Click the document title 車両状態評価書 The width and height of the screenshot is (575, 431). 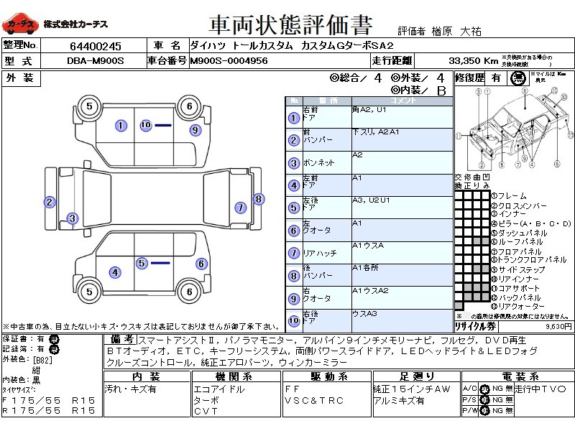(x=290, y=26)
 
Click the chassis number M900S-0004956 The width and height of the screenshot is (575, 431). (x=229, y=61)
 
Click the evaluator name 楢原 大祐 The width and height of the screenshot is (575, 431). (x=456, y=31)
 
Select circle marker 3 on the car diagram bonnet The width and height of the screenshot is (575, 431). (x=73, y=218)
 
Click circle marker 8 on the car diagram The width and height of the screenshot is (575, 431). (x=259, y=199)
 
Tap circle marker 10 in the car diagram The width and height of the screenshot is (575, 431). (x=145, y=125)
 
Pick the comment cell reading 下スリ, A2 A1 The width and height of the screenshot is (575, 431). (x=376, y=133)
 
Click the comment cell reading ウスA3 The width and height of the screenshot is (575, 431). (x=365, y=314)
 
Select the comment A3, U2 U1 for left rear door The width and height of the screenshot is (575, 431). (x=372, y=200)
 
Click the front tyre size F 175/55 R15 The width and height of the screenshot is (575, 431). (x=49, y=399)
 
